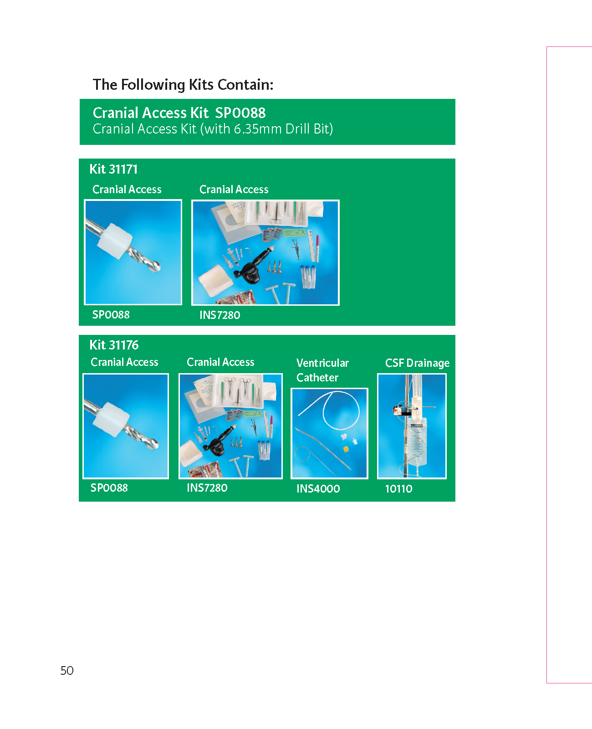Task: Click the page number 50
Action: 66,671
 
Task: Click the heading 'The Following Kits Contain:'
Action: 183,85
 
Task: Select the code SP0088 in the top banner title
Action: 240,113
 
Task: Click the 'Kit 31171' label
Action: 113,169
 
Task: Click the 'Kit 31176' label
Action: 114,344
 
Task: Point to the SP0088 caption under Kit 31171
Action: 111,314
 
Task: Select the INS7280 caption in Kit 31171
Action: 219,315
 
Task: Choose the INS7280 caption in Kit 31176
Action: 207,488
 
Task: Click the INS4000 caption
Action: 318,488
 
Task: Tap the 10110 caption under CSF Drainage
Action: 398,489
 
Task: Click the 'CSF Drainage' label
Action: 417,363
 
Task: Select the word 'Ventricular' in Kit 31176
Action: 322,363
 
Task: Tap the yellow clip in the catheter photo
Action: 346,449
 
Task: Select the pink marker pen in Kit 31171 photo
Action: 317,248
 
